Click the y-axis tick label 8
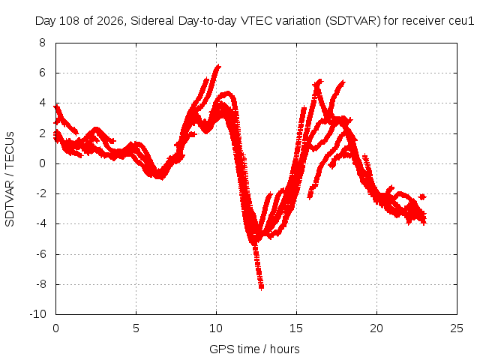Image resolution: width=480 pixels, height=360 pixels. pyautogui.click(x=42, y=43)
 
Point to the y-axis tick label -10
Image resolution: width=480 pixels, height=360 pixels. pyautogui.click(x=37, y=314)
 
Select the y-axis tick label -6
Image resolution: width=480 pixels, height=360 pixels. pyautogui.click(x=40, y=254)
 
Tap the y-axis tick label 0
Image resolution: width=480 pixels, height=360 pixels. pyautogui.click(x=42, y=163)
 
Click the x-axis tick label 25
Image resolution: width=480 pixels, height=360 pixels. pyautogui.click(x=457, y=328)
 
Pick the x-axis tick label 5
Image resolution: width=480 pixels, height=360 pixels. pyautogui.click(x=136, y=328)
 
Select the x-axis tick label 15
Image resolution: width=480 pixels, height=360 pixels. pyautogui.click(x=296, y=328)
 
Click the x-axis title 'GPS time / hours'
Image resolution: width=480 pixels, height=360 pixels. pyautogui.click(x=254, y=349)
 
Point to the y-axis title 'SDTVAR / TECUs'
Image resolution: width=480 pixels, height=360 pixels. pyautogui.click(x=10, y=179)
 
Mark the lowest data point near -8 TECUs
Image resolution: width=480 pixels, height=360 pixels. pyautogui.click(x=261, y=287)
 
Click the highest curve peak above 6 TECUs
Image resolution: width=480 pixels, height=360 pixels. pyautogui.click(x=218, y=66)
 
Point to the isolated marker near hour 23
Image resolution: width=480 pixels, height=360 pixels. pyautogui.click(x=422, y=196)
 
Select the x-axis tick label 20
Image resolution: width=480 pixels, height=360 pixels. pyautogui.click(x=376, y=328)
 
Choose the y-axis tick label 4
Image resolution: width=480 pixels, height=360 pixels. pyautogui.click(x=42, y=103)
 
